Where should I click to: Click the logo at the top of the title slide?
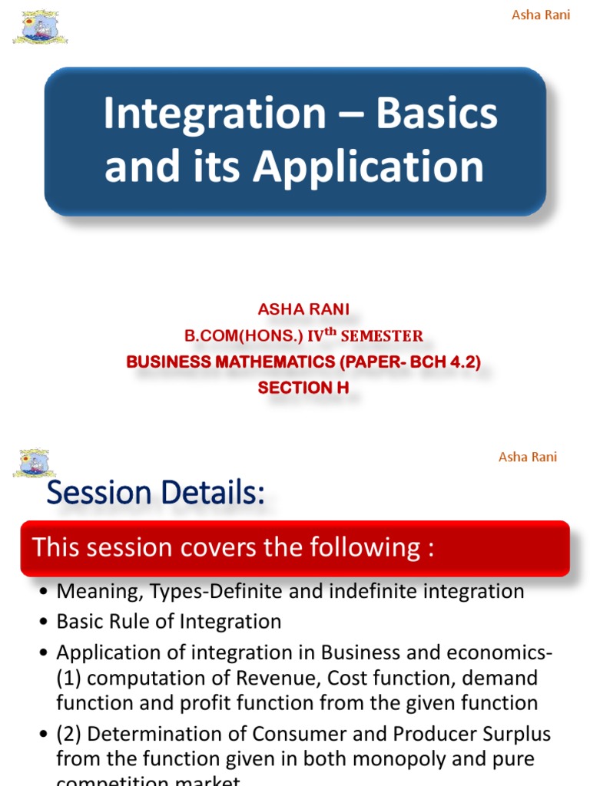40,28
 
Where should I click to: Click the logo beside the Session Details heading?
33,464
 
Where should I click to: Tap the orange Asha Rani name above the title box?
541,15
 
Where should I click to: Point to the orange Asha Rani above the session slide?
528,457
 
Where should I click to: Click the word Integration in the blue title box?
214,114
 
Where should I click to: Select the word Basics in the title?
436,114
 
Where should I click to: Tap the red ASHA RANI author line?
303,309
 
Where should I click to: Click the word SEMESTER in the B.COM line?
382,335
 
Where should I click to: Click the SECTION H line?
303,388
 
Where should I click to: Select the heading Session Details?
155,494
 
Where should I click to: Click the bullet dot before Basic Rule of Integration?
42,622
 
